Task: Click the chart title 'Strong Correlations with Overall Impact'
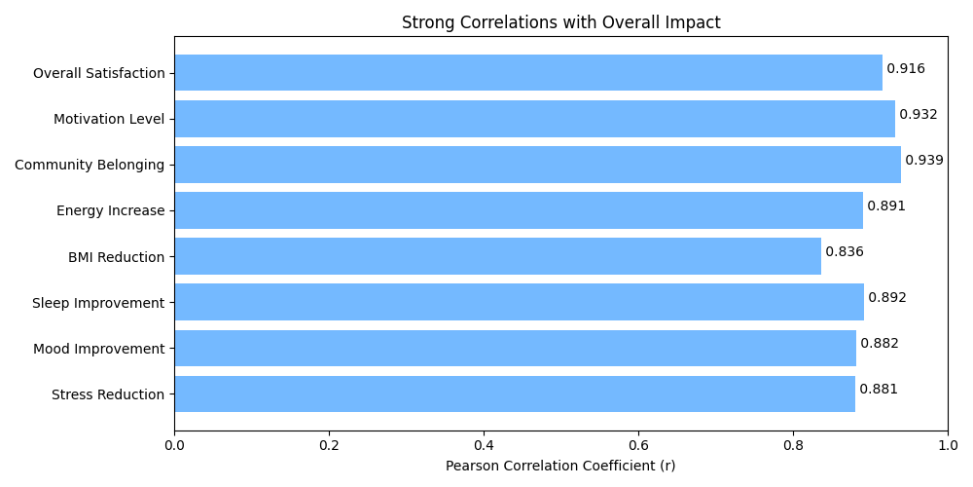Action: click(560, 22)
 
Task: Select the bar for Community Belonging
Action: click(537, 165)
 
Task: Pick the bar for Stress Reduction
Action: click(515, 393)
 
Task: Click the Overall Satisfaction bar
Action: click(528, 73)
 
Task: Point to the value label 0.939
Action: click(923, 161)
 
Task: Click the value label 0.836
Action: click(844, 252)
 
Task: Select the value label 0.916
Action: click(905, 69)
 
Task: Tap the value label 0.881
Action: click(878, 390)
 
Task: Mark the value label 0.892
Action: click(886, 298)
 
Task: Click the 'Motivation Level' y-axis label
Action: click(109, 119)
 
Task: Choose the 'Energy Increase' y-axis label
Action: click(110, 210)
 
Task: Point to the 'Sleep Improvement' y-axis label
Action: click(98, 303)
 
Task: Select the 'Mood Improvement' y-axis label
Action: click(98, 349)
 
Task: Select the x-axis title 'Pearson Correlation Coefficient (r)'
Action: click(560, 467)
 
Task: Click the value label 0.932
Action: click(918, 115)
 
